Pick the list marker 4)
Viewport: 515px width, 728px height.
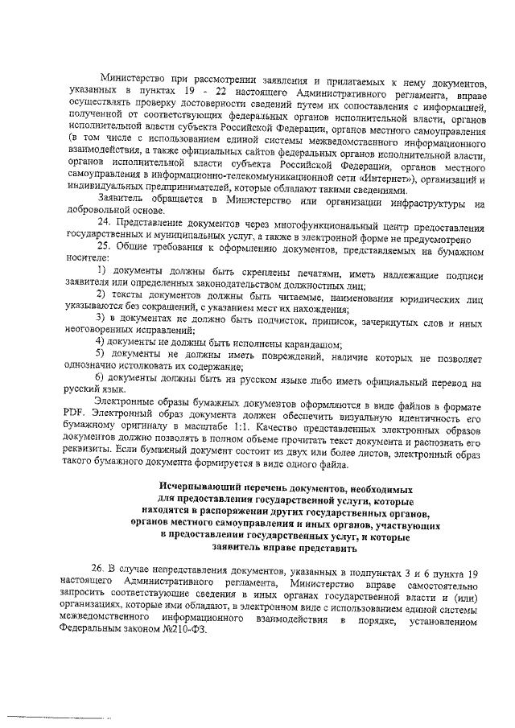click(x=103, y=343)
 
